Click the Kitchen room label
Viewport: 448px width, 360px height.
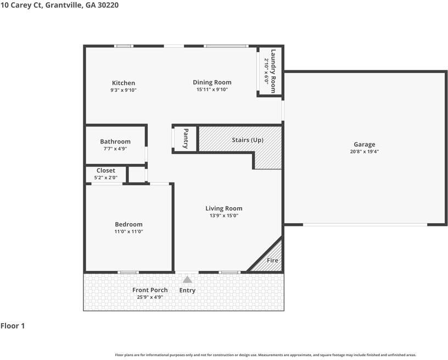(x=123, y=83)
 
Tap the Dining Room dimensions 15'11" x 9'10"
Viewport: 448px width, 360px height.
(x=211, y=90)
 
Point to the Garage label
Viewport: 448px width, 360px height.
(x=365, y=145)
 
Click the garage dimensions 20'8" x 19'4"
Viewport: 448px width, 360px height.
(x=365, y=152)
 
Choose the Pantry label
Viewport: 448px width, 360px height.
(x=186, y=139)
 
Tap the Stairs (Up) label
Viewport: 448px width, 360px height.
(x=248, y=140)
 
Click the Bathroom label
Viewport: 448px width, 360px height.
(x=115, y=141)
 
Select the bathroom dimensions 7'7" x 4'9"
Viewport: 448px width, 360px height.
(x=115, y=148)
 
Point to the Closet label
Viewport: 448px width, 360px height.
(x=106, y=170)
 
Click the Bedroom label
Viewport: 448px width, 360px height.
(x=128, y=224)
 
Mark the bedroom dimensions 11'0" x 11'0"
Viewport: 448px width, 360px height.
(x=128, y=231)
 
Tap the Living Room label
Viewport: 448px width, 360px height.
(x=223, y=208)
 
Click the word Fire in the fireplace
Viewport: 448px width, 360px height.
(x=272, y=261)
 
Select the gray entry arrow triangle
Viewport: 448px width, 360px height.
(x=187, y=280)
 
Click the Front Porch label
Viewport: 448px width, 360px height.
(x=150, y=290)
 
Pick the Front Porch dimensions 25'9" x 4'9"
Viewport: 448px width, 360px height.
(x=150, y=297)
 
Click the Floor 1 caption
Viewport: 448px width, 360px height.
(x=13, y=326)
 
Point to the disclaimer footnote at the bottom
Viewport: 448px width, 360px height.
(x=265, y=355)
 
